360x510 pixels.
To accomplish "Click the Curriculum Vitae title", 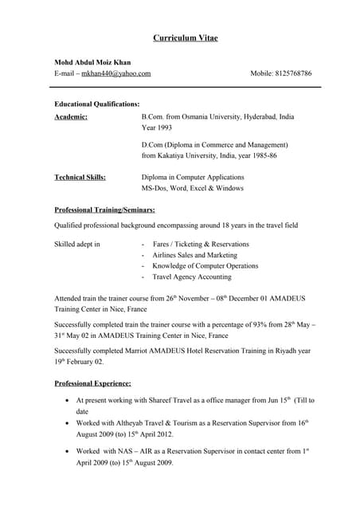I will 185,38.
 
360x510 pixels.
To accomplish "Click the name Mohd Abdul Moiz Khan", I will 93,62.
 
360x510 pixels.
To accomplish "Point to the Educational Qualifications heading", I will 97,104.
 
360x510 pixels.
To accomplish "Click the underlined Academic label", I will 71,117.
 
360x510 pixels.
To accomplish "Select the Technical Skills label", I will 80,178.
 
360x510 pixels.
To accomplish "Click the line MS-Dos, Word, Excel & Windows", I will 193,189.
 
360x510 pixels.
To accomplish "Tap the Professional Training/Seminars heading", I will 105,210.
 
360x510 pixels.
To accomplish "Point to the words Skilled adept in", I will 77,244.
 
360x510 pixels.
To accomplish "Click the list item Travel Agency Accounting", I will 193,277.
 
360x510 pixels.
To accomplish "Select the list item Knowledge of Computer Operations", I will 205,266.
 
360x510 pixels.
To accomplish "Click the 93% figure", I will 249,325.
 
